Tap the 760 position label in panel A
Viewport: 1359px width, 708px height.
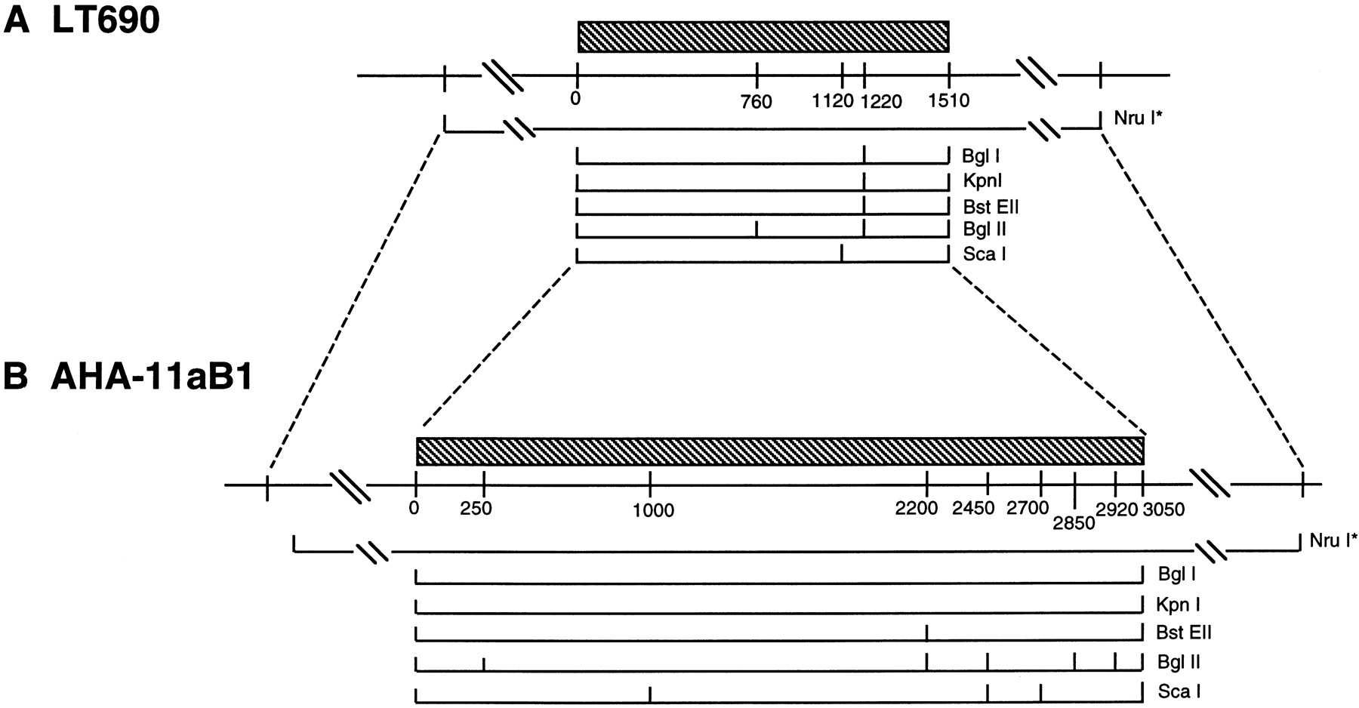[x=757, y=102]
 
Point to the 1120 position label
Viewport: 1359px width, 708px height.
[x=833, y=100]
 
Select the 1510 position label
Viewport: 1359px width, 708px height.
[x=948, y=100]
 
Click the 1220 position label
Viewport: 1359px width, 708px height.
[x=882, y=100]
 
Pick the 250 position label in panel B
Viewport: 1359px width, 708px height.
[x=476, y=509]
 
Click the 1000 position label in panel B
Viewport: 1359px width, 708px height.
[x=654, y=512]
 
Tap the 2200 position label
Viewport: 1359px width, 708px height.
[x=917, y=509]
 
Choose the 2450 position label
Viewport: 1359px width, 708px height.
[x=974, y=509]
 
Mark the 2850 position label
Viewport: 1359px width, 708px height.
[x=1074, y=522]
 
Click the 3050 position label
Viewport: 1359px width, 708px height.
[x=1163, y=510]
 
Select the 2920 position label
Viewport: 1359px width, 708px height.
[x=1117, y=509]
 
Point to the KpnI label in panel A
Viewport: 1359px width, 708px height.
[x=981, y=181]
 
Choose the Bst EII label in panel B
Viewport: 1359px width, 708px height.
[x=1183, y=633]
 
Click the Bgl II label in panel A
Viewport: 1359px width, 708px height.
[x=985, y=229]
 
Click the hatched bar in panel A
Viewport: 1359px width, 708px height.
[x=763, y=36]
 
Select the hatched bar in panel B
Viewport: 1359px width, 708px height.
[x=780, y=451]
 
